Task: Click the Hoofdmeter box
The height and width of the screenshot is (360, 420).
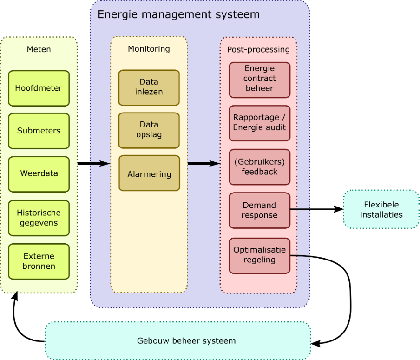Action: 39,88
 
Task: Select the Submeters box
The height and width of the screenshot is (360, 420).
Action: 39,131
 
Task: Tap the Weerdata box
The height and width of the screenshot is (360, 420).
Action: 39,173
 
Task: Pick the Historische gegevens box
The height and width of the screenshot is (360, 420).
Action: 39,218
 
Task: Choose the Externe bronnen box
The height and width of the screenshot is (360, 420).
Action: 39,261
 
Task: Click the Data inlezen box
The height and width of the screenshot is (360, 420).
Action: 149,87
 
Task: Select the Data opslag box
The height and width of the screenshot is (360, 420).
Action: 149,130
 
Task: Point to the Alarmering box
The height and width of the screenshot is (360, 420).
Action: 149,174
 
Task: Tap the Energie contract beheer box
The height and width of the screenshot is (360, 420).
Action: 259,79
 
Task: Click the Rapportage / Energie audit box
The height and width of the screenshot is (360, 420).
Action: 259,122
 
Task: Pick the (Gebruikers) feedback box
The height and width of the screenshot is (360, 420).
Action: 259,167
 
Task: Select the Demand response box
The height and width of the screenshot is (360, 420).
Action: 259,210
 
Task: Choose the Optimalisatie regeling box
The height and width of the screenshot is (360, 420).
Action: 259,255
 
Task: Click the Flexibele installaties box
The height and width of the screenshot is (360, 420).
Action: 381,210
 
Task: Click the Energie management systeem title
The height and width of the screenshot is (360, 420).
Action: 178,14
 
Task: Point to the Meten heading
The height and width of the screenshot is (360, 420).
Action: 39,49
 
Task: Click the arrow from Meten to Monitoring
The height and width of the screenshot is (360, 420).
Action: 99,164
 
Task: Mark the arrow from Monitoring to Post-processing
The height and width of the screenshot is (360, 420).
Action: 203,164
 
